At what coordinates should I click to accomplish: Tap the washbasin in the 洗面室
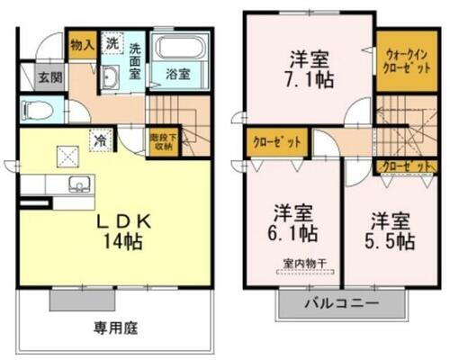pyautogui.click(x=109, y=77)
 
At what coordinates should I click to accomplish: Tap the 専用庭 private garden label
pyautogui.click(x=117, y=328)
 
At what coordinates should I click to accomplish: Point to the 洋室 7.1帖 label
pyautogui.click(x=308, y=70)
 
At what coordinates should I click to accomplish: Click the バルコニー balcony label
pyautogui.click(x=342, y=303)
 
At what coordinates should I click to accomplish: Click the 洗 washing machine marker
pyautogui.click(x=112, y=43)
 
